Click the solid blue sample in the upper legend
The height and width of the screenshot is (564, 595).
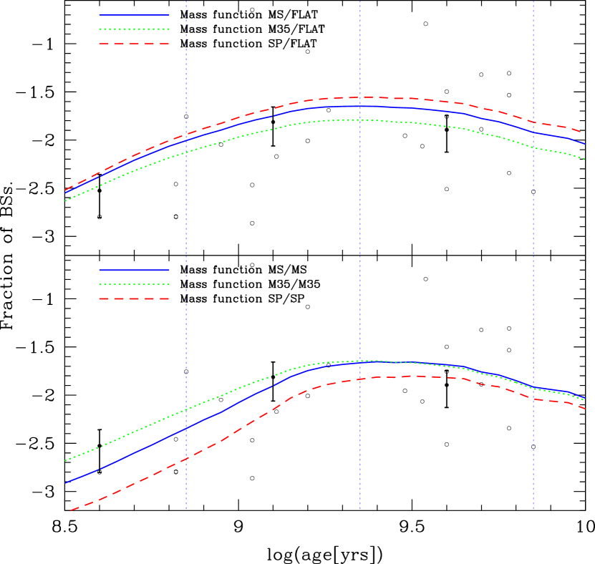point(134,14)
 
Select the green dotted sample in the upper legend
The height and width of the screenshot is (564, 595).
point(134,29)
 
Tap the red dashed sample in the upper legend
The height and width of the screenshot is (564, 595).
point(134,44)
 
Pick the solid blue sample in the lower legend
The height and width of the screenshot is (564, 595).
point(134,270)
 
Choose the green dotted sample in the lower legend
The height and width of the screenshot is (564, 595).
point(134,284)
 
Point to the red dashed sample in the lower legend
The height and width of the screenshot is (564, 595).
point(134,298)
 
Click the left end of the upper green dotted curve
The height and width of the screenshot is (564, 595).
point(65,201)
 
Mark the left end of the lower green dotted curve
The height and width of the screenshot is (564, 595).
point(65,461)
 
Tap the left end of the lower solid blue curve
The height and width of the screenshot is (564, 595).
point(65,483)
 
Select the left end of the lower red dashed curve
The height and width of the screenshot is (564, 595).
point(70,511)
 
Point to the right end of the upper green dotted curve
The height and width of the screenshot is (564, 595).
point(585,159)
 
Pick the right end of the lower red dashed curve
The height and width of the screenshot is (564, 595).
point(585,409)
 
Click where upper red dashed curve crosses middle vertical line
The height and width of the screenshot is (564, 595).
point(359,97)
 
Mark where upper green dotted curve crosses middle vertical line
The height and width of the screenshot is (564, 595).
point(359,120)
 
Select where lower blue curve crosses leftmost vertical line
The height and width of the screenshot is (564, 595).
point(186,427)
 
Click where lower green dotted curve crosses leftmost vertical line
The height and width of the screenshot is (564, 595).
point(186,410)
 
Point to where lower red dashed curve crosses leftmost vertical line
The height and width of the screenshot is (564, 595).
point(186,458)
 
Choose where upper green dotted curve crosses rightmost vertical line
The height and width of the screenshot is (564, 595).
point(533,147)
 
